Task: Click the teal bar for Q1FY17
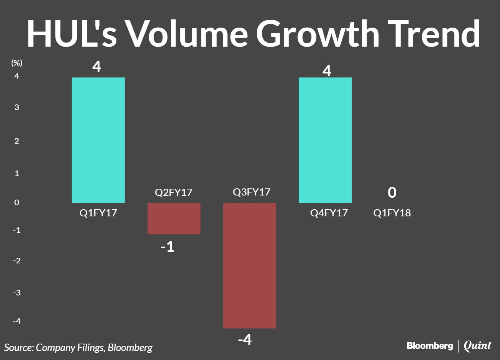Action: pyautogui.click(x=98, y=140)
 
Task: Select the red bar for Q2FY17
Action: pyautogui.click(x=174, y=219)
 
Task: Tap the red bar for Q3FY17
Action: pyautogui.click(x=250, y=266)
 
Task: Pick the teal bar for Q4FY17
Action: pyautogui.click(x=325, y=140)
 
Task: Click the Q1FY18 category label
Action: pyautogui.click(x=392, y=213)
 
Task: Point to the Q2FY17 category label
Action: pyautogui.click(x=174, y=192)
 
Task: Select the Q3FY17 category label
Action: pyautogui.click(x=251, y=192)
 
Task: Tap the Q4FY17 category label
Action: pyautogui.click(x=329, y=213)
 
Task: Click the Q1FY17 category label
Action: pyautogui.click(x=98, y=213)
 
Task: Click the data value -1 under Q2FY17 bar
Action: pyautogui.click(x=168, y=247)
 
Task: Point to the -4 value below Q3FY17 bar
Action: pyautogui.click(x=245, y=339)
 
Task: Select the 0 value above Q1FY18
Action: pyautogui.click(x=392, y=192)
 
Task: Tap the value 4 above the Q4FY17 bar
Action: pyautogui.click(x=327, y=71)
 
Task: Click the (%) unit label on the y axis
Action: pyautogui.click(x=16, y=63)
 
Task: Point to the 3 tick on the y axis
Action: pyautogui.click(x=17, y=107)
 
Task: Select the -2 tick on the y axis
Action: pyautogui.click(x=17, y=260)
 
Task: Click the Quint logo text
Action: pyautogui.click(x=477, y=346)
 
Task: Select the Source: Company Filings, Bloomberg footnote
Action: pyautogui.click(x=78, y=348)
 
